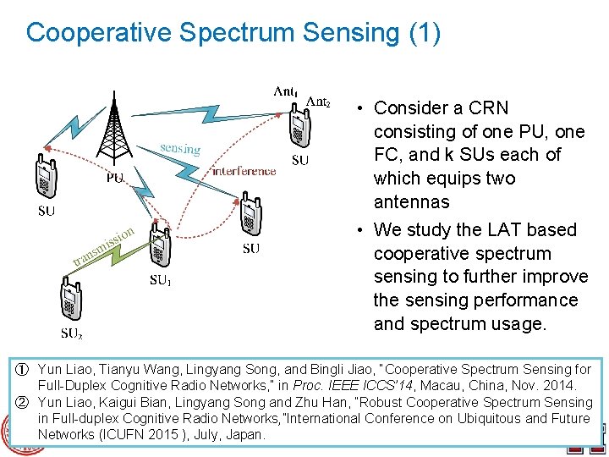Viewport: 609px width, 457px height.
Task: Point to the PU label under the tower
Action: click(115, 178)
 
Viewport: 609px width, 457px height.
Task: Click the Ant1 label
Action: click(284, 91)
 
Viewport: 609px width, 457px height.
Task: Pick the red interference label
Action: click(244, 171)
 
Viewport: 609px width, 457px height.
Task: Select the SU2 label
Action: click(71, 333)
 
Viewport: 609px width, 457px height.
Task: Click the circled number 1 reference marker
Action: click(25, 370)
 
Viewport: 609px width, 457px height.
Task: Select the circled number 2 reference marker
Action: click(25, 402)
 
